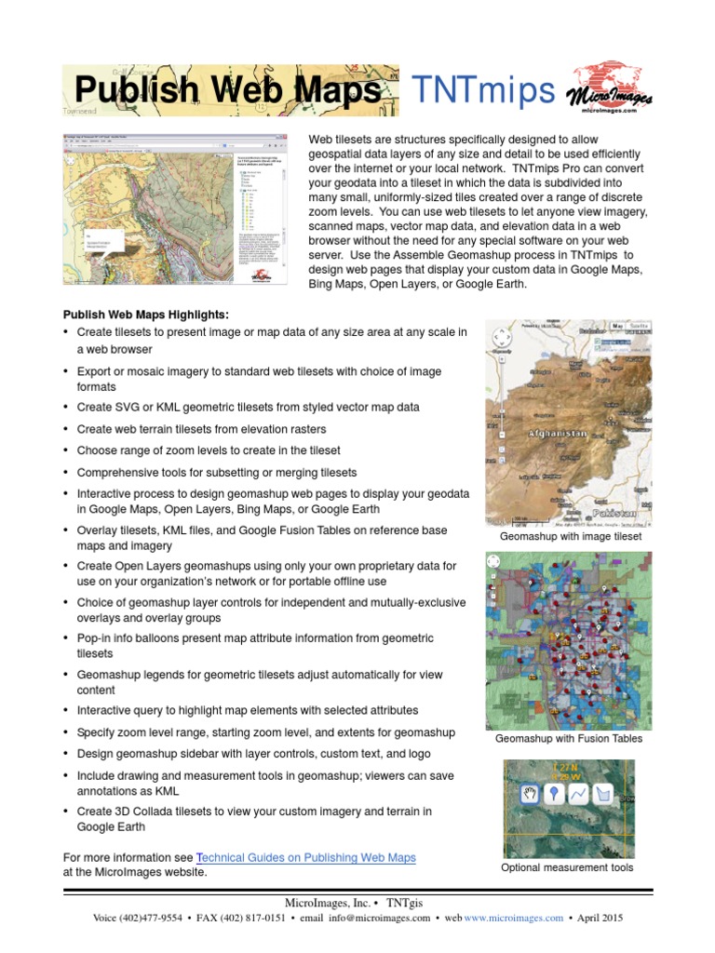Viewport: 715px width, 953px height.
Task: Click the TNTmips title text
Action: click(x=483, y=90)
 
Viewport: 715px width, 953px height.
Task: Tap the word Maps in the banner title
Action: click(x=333, y=91)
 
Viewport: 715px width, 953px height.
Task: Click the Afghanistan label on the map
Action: click(x=558, y=434)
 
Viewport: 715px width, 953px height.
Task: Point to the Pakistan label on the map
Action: click(x=614, y=513)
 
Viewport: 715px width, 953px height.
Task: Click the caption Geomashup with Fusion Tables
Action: click(x=568, y=739)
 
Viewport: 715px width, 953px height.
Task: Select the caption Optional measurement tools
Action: click(x=567, y=867)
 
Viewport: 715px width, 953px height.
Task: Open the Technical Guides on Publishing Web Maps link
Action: click(x=306, y=857)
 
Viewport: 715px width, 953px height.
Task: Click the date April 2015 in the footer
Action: click(x=600, y=918)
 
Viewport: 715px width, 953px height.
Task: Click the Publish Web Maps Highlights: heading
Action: click(x=145, y=315)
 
